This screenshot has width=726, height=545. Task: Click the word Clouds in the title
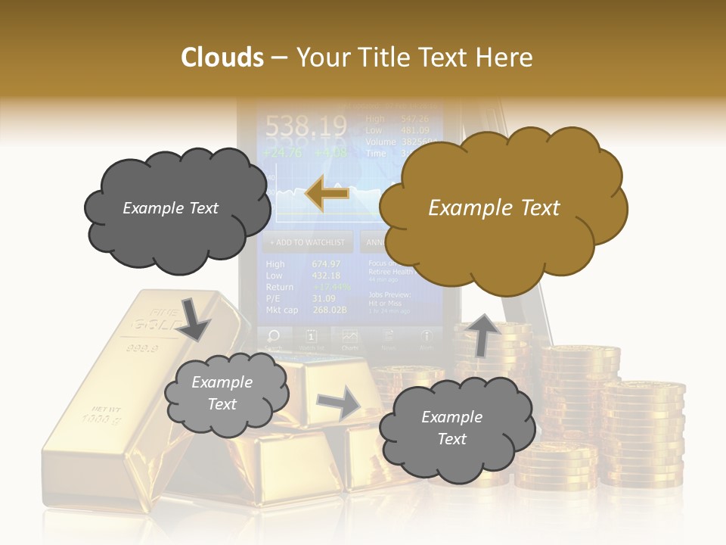point(222,58)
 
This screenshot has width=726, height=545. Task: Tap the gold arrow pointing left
point(327,194)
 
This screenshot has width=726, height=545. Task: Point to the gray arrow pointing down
point(194,318)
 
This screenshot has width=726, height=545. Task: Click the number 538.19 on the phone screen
point(306,126)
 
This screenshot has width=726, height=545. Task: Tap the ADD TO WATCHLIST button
point(307,242)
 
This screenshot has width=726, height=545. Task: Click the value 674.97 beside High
point(326,264)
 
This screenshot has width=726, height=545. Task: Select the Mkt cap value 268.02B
point(329,310)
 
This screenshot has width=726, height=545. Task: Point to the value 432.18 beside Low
point(326,276)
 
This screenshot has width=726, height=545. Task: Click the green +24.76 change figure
point(282,152)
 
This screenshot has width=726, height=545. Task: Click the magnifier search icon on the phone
point(274,336)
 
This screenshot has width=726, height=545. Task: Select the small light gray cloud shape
point(225,394)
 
